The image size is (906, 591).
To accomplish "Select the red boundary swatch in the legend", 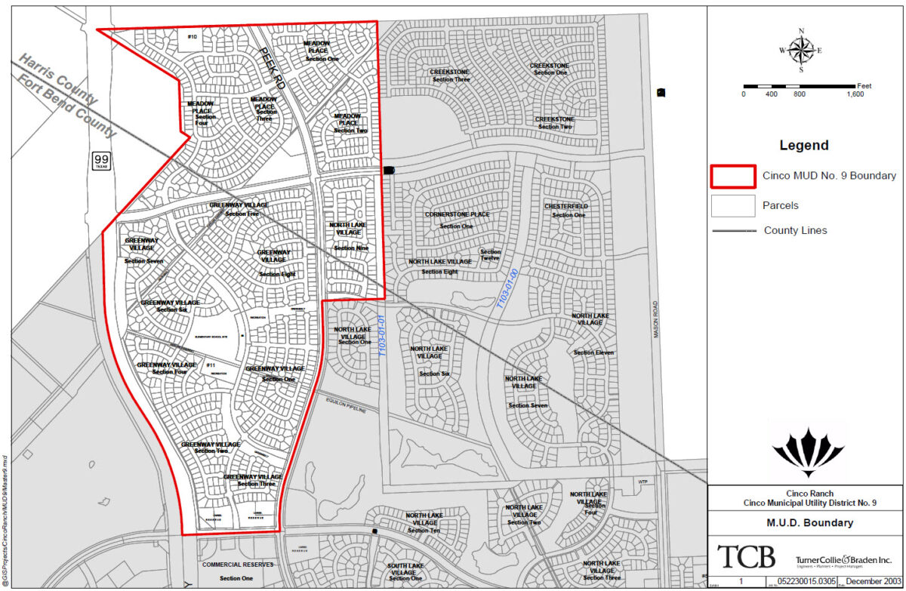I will pos(732,176).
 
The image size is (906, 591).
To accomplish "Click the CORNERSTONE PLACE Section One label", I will pos(457,220).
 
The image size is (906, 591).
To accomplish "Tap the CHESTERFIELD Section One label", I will pos(566,211).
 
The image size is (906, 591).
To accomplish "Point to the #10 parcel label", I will pos(192,37).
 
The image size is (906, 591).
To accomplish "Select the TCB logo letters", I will pos(746,557).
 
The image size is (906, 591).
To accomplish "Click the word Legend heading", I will pos(804,146).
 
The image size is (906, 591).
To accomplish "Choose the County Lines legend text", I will pos(795,230).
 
